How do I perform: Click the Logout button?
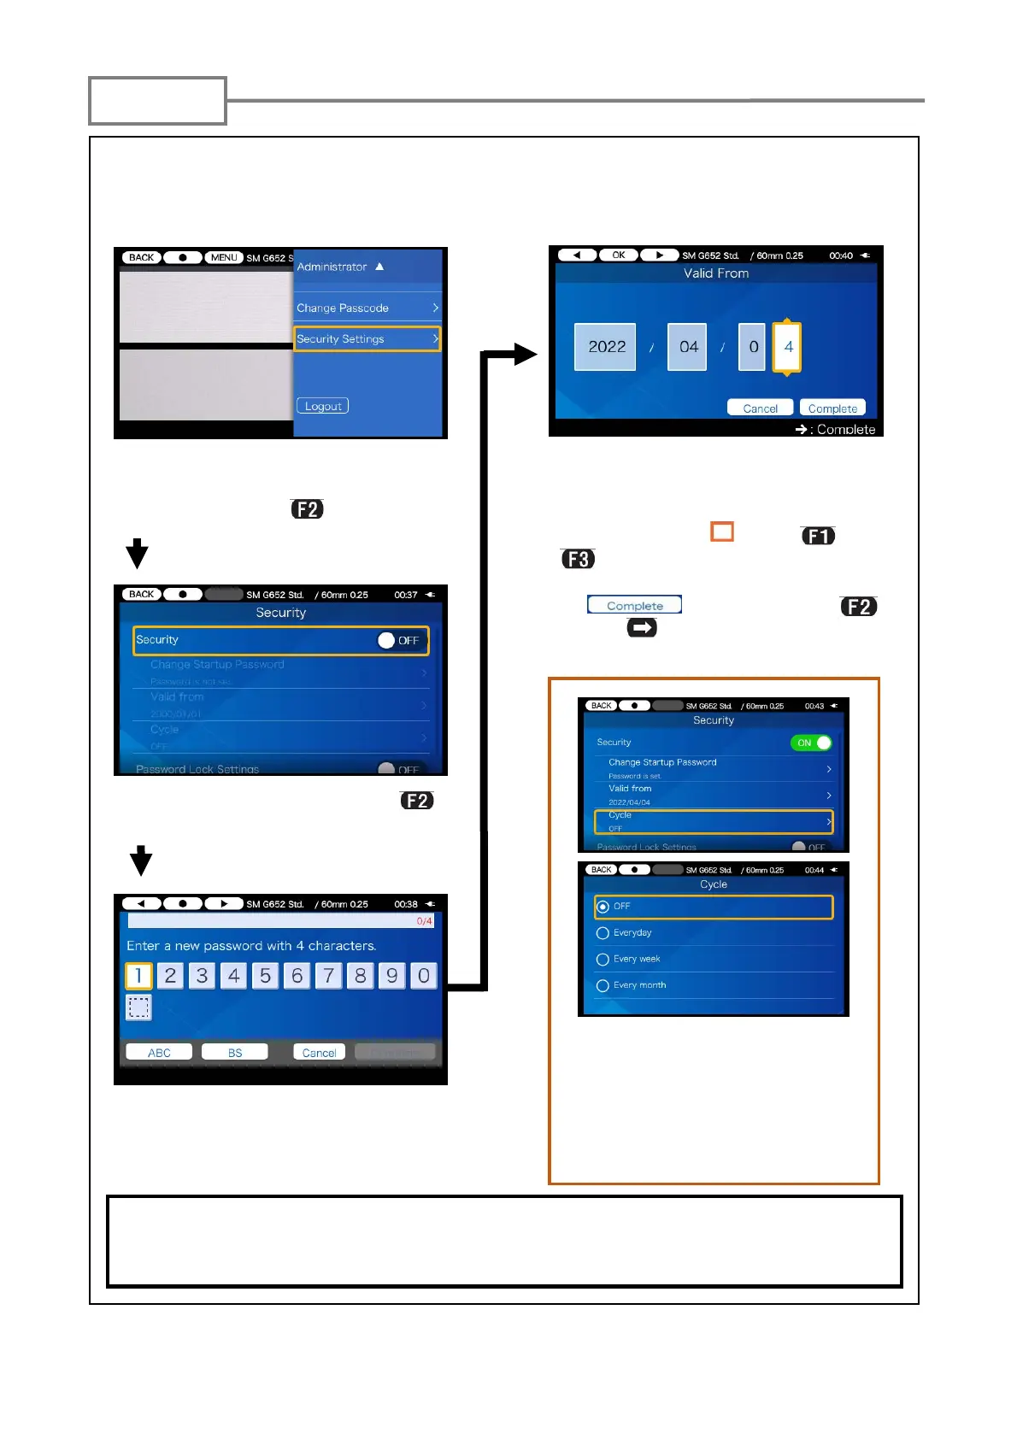[322, 406]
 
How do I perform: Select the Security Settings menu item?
[367, 339]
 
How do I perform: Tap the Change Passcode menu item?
[367, 308]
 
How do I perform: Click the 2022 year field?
[606, 347]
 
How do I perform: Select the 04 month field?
[688, 347]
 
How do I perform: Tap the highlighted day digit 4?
[787, 347]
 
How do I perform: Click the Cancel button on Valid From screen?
[760, 408]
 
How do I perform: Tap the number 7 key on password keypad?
[328, 976]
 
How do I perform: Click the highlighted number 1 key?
[138, 976]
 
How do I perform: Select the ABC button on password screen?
[159, 1053]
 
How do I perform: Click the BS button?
[235, 1053]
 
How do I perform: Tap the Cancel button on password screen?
[319, 1053]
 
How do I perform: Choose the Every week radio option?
[603, 960]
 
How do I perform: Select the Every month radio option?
[603, 986]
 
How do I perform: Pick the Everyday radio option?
[603, 933]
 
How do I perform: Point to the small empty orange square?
[722, 532]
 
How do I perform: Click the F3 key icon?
[578, 559]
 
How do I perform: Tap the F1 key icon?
[818, 536]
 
